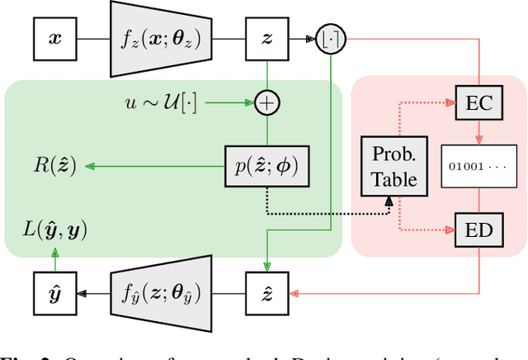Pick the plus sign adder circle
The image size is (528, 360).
pos(268,102)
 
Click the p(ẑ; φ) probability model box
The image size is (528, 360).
pos(268,167)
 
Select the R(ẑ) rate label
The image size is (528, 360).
pos(51,167)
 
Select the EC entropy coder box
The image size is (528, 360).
pos(479,102)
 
